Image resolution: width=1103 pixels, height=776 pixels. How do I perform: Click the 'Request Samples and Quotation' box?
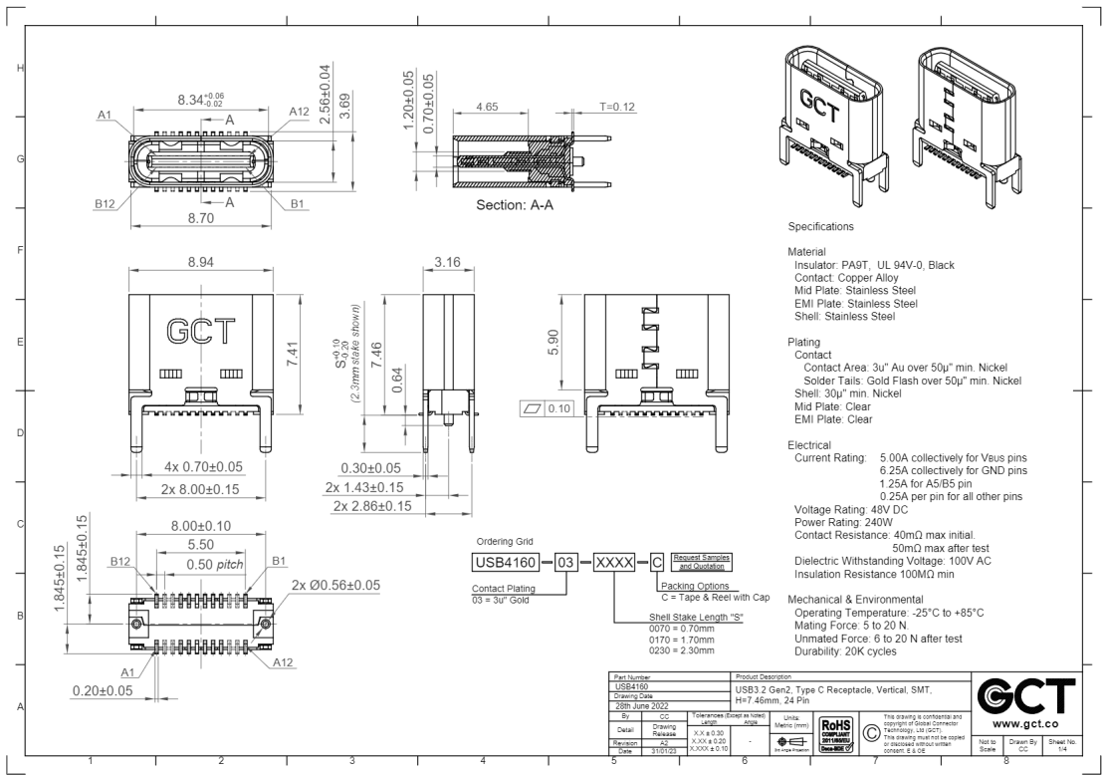coord(703,560)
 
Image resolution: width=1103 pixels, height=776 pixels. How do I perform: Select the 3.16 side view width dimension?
coord(449,260)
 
